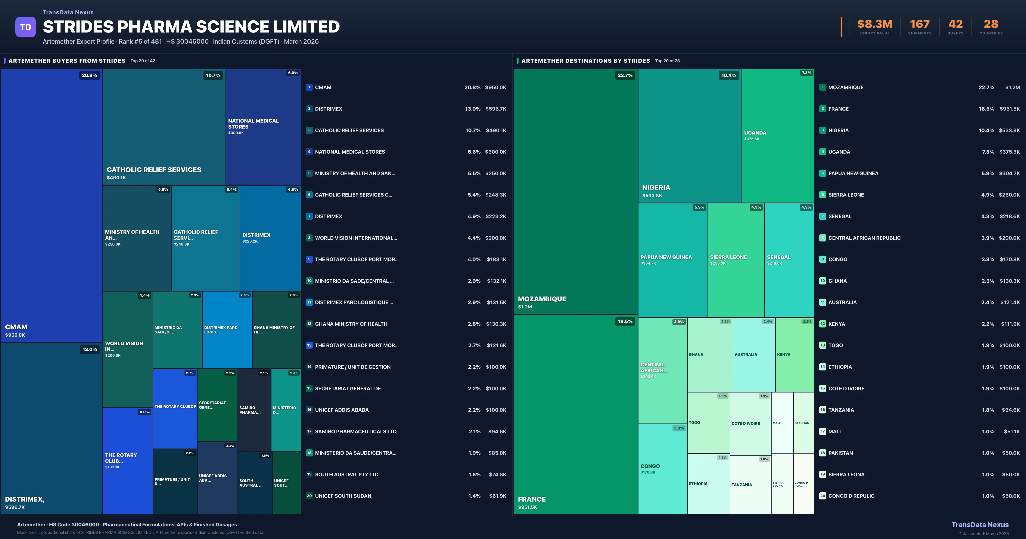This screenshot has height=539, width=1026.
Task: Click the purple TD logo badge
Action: point(25,27)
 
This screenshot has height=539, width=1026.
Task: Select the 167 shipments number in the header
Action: point(919,24)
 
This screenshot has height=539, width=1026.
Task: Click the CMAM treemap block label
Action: point(16,327)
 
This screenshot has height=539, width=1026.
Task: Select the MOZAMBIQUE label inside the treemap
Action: point(542,299)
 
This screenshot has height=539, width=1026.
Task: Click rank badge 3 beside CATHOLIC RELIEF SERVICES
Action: point(309,130)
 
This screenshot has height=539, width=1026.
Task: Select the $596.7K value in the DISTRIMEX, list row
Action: point(495,109)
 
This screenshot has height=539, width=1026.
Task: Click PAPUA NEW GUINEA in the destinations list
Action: point(853,173)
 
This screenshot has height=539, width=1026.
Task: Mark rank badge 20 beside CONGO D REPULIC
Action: point(823,496)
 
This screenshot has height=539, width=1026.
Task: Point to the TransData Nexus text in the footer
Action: point(980,525)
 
